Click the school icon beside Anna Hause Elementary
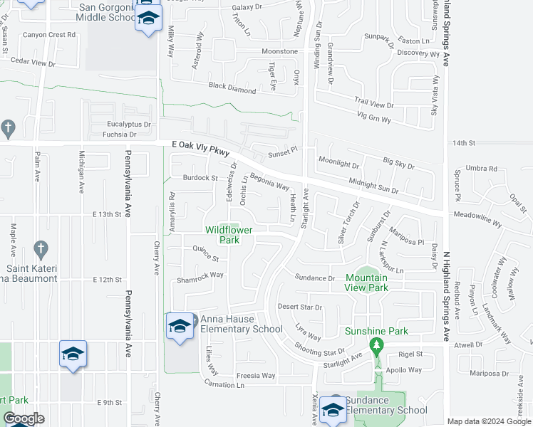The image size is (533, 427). click(x=179, y=327)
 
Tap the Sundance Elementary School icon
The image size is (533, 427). click(x=333, y=409)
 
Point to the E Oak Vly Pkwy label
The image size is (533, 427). click(x=201, y=144)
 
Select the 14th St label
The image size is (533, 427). click(x=463, y=143)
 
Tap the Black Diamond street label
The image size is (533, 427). click(x=232, y=88)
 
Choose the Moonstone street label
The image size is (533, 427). click(x=279, y=52)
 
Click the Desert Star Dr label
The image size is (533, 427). click(x=299, y=307)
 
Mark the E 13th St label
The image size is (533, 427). click(x=108, y=214)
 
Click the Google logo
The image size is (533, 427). click(x=24, y=418)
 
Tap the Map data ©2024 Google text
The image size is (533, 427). click(x=489, y=421)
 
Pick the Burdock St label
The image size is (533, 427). click(x=200, y=177)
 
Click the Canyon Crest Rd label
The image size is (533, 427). click(x=48, y=34)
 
